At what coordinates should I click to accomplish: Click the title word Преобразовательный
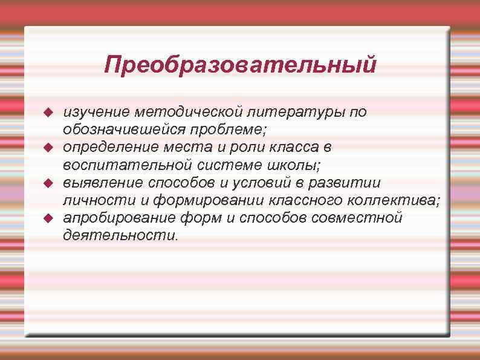click(x=239, y=65)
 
